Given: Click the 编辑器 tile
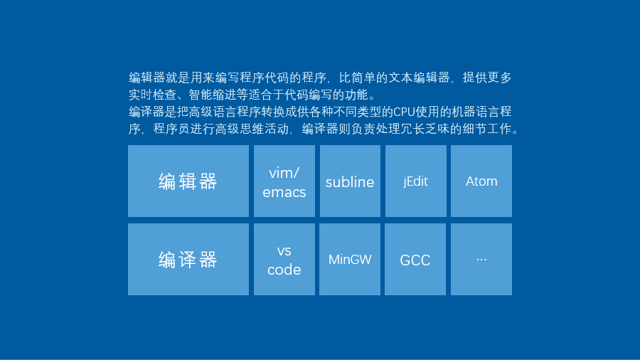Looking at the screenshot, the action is pos(188,181).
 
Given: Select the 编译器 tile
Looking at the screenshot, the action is pos(188,259).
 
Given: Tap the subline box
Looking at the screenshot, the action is pos(350,181).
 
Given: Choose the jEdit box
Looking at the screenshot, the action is pos(415,181).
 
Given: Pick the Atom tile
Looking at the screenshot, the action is pos(481,181).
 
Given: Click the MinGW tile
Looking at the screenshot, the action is pos(350,259).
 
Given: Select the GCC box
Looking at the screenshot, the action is pos(415,259).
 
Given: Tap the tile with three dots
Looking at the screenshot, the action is pos(481,259).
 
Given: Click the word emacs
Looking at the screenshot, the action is pos(284,192).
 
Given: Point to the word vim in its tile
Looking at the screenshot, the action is pos(281,173).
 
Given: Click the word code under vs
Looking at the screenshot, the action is pos(284,270).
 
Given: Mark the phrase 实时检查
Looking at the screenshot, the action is pos(153,95).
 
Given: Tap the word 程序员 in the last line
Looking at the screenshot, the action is pos(171,129).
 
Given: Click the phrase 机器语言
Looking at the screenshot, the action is pos(476,112).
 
